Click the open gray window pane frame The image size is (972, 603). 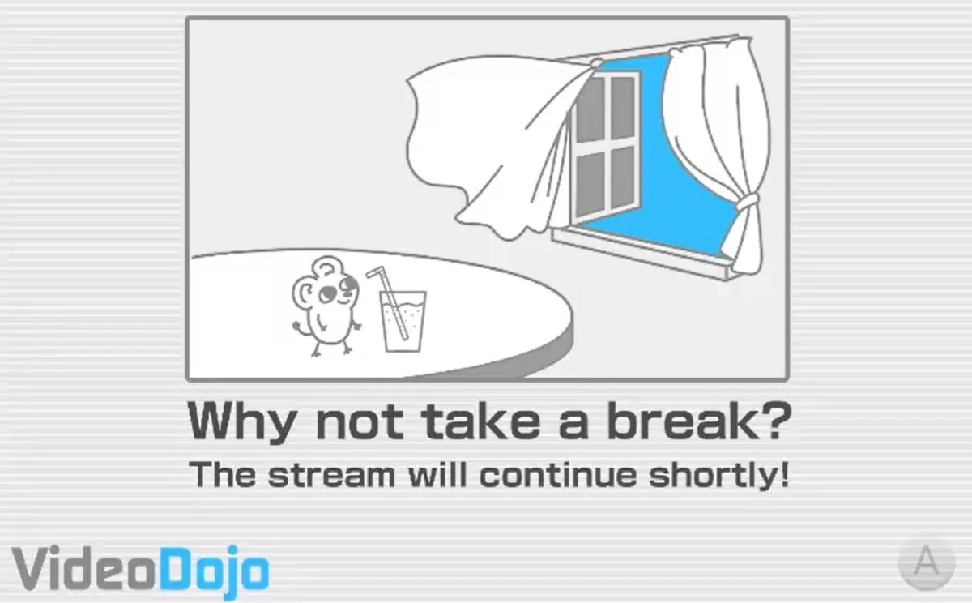(603, 146)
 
